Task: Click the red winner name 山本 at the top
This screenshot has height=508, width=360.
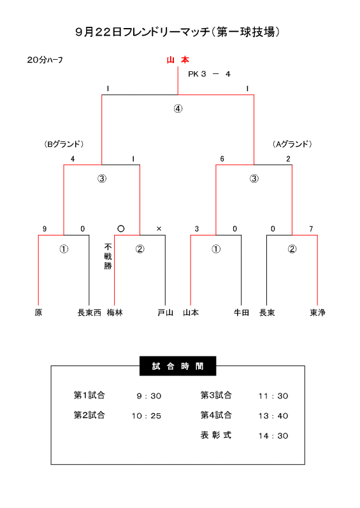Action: (178, 60)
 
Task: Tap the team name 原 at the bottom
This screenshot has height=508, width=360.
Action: (38, 313)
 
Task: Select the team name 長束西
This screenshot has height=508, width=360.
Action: (89, 313)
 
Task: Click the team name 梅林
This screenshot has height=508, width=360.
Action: (115, 313)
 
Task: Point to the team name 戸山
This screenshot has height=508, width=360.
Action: (166, 313)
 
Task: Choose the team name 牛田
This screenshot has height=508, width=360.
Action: (241, 313)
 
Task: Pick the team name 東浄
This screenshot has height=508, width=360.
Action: (317, 313)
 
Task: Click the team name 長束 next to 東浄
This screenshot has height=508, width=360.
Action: (267, 313)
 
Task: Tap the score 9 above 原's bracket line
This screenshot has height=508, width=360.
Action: (45, 229)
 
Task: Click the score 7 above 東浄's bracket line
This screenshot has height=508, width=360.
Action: (311, 229)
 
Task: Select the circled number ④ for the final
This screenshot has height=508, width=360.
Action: (178, 108)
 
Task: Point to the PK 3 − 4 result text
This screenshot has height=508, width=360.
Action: (209, 74)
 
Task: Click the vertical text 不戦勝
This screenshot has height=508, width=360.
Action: (108, 257)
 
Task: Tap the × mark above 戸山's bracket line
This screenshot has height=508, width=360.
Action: (159, 229)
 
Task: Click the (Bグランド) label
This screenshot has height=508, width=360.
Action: (64, 144)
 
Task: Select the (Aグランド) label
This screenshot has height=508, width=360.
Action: (292, 144)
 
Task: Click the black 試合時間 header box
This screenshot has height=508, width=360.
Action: (178, 366)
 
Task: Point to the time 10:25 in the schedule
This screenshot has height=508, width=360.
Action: (147, 416)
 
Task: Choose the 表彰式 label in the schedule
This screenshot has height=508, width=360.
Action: (216, 435)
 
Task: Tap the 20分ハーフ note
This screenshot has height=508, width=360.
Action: (45, 60)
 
